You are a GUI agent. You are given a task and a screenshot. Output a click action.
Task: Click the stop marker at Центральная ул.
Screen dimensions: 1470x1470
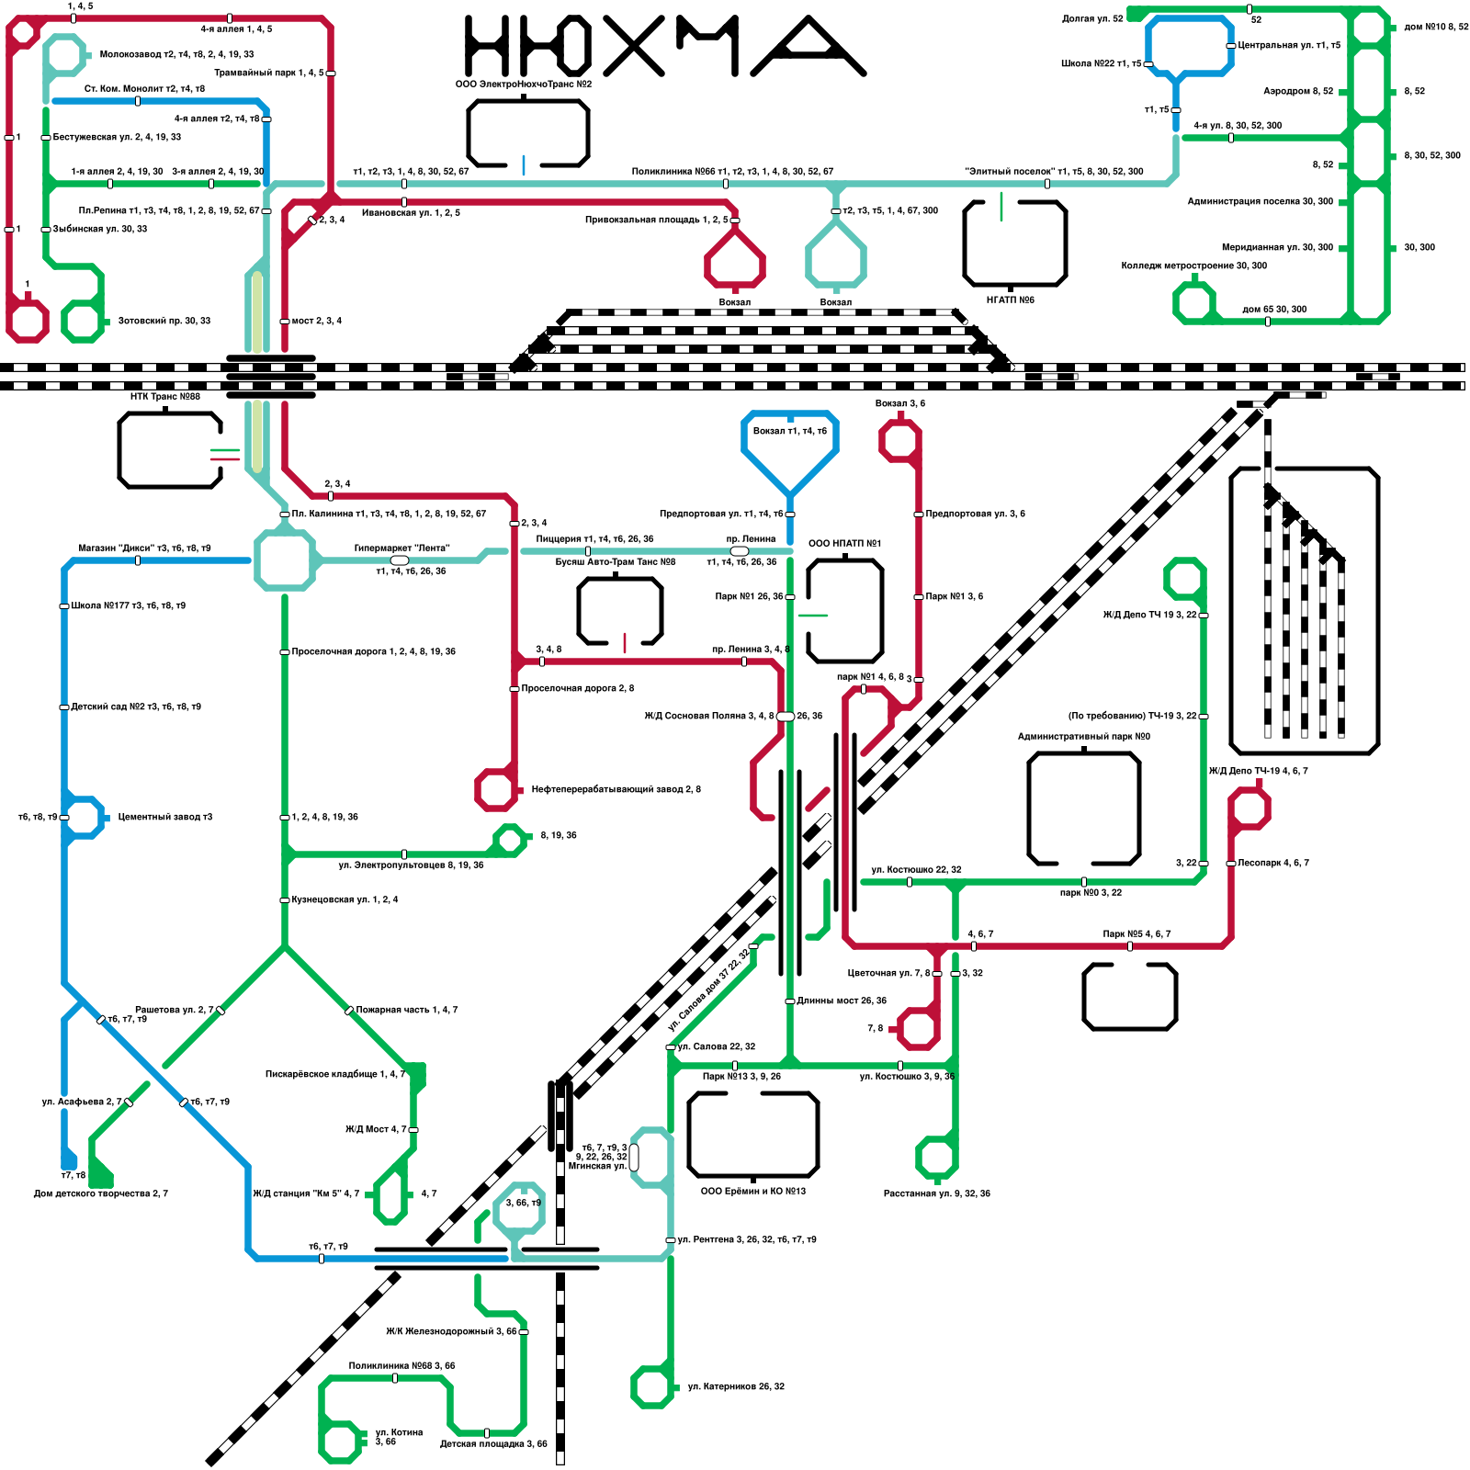click(1231, 45)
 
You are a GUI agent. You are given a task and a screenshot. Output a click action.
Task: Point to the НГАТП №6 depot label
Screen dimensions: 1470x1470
click(1010, 300)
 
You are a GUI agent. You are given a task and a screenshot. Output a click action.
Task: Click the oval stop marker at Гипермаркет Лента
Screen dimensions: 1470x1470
click(400, 560)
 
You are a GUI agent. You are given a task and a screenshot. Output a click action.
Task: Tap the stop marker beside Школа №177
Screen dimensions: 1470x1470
click(63, 605)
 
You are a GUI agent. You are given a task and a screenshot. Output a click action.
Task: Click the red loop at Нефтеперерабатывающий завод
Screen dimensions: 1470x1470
click(496, 789)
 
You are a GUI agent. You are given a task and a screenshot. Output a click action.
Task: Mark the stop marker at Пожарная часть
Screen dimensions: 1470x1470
click(349, 1011)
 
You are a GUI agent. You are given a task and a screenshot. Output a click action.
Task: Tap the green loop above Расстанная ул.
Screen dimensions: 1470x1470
click(936, 1157)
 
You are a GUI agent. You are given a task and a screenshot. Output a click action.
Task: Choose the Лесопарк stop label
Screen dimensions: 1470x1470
click(1272, 863)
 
